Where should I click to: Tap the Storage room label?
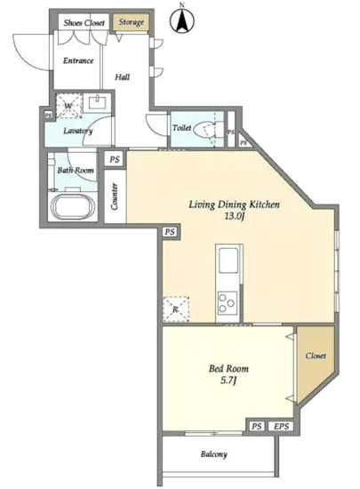[132, 22]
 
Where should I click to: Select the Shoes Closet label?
[84, 22]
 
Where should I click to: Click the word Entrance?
[78, 60]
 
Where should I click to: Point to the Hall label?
[122, 76]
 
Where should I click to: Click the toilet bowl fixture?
[204, 129]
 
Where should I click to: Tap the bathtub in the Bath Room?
[73, 207]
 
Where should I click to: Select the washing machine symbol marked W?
[68, 106]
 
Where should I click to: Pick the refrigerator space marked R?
[176, 309]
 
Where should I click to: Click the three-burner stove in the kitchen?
[228, 302]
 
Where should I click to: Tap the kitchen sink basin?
[228, 261]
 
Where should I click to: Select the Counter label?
[115, 196]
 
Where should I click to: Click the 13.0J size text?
[234, 216]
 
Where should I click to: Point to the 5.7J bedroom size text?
[228, 381]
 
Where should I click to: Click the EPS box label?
[281, 426]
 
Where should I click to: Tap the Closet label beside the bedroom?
[316, 356]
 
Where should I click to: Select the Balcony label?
[214, 454]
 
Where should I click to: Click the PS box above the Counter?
[115, 159]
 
